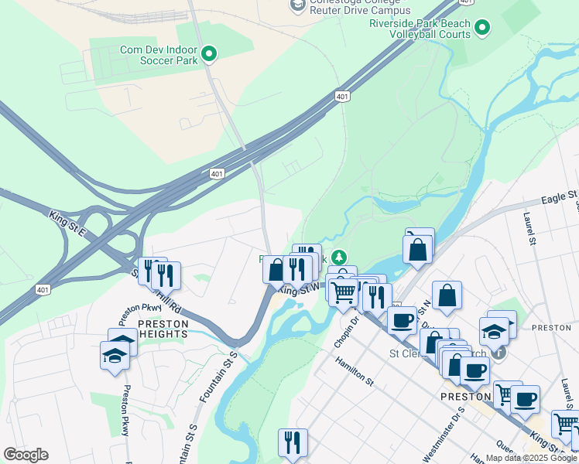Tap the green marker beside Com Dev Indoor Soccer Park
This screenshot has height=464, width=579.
pos(209,54)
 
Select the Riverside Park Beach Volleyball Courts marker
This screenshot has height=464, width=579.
pos(482,29)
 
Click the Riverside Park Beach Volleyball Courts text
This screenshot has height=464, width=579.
pos(419,29)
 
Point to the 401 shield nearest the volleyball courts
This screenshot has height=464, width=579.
pos(342,96)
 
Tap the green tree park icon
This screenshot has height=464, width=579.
pos(337,257)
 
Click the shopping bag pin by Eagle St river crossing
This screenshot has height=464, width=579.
pos(418,249)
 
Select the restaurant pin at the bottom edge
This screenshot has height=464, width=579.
pos(292,442)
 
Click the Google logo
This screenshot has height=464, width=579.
pos(26,455)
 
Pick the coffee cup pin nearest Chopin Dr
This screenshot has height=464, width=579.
pos(402,319)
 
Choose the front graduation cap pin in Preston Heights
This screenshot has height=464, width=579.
pos(115,357)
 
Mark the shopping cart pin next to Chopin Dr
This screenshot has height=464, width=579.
pos(343,292)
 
